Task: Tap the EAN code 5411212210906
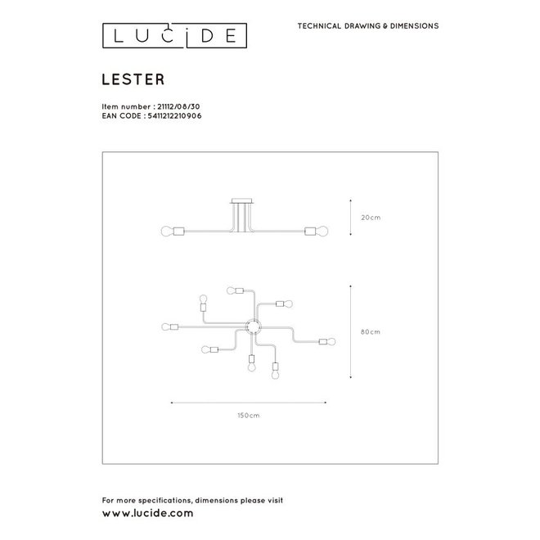(173, 116)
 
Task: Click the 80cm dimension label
(371, 331)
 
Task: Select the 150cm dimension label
(249, 416)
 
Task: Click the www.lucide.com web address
(147, 513)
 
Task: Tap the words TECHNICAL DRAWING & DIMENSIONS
(367, 26)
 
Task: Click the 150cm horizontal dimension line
(249, 402)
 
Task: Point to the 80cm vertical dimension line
(350, 331)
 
